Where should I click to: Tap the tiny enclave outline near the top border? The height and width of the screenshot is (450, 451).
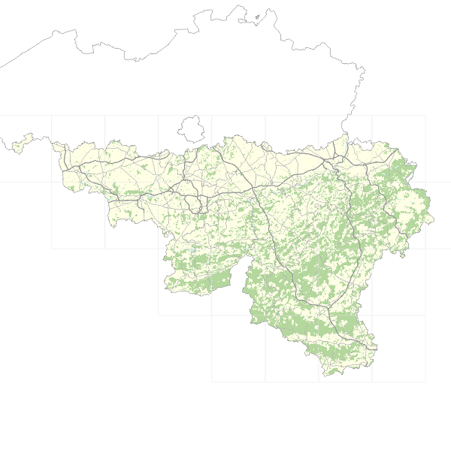click(258, 17)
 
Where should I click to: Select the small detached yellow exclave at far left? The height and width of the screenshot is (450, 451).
click(20, 142)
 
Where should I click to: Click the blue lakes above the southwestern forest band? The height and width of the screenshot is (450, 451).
click(193, 249)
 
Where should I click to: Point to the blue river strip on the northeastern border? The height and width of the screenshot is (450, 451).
click(345, 142)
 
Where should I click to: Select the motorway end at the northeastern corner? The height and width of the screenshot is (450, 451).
click(397, 149)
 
